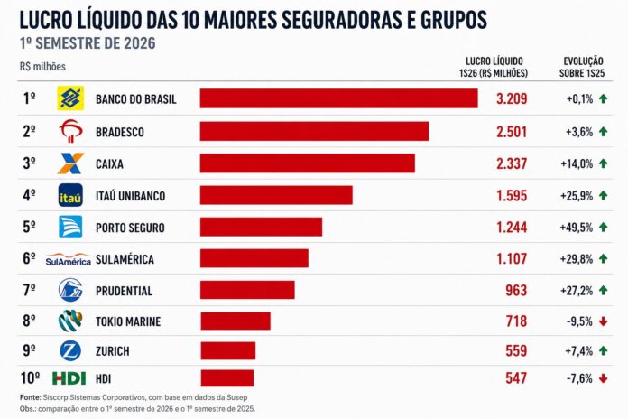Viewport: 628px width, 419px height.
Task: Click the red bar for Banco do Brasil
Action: point(339,98)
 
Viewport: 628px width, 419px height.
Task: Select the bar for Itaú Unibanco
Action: point(276,195)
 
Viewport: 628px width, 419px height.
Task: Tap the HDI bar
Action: point(227,378)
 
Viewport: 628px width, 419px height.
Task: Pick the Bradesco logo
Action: point(71,131)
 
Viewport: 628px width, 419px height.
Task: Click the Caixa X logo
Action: point(70,163)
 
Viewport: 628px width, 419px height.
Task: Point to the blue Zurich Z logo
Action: point(70,351)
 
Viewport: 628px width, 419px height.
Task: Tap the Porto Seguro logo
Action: point(70,227)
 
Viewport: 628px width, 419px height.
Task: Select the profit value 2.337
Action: point(512,163)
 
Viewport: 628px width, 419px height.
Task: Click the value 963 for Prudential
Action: point(516,290)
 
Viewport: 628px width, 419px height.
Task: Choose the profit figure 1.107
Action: point(512,258)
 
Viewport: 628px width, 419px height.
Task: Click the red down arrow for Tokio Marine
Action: point(603,321)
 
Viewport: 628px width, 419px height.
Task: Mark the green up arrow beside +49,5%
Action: point(603,227)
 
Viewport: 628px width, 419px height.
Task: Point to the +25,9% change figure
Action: point(577,196)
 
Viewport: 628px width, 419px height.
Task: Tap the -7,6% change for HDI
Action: point(579,378)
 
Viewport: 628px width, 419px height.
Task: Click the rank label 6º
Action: point(29,258)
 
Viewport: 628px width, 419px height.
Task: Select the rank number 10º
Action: point(30,378)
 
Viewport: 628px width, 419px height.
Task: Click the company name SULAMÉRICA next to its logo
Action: point(125,259)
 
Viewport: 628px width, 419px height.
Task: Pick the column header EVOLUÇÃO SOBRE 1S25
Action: point(582,67)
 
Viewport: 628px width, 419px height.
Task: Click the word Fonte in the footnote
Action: point(31,397)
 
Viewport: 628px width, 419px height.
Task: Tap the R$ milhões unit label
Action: point(42,66)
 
